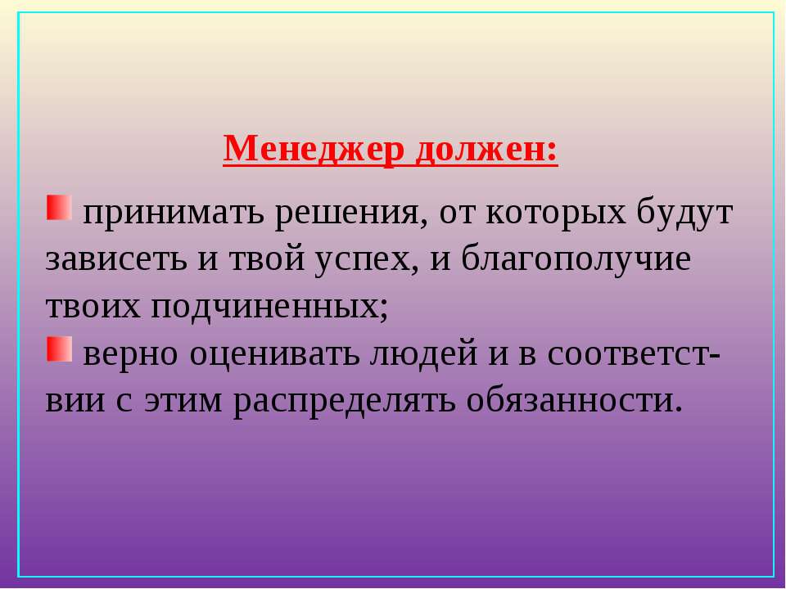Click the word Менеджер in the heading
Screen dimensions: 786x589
pyautogui.click(x=314, y=149)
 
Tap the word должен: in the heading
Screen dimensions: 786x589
pyautogui.click(x=486, y=149)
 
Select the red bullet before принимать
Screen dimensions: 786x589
pyautogui.click(x=59, y=207)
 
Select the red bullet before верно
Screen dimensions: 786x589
pyautogui.click(x=59, y=348)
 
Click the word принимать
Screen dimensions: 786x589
pyautogui.click(x=173, y=213)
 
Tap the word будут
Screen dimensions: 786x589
pyautogui.click(x=684, y=213)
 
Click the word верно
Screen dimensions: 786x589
pyautogui.click(x=130, y=354)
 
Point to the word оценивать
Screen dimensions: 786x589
pyautogui.click(x=274, y=353)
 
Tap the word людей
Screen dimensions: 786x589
pyautogui.click(x=423, y=353)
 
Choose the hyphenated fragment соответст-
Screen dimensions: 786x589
pyautogui.click(x=634, y=354)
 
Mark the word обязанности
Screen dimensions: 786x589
pyautogui.click(x=575, y=400)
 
